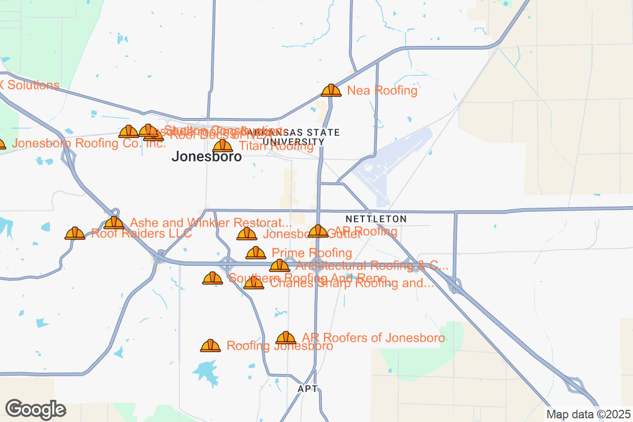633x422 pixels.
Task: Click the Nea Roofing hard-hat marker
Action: (x=331, y=91)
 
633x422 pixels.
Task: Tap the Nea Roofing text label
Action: (x=382, y=91)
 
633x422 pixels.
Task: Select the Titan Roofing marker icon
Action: (x=223, y=146)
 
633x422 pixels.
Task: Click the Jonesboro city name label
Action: (x=207, y=157)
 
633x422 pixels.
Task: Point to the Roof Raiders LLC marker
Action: (x=75, y=233)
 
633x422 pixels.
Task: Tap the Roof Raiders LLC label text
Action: (x=141, y=233)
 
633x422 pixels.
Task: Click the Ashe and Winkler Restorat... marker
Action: (x=114, y=223)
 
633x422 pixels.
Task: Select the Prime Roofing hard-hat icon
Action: (x=256, y=253)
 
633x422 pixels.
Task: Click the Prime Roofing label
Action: (x=311, y=253)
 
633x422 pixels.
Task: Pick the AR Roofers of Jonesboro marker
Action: (x=286, y=338)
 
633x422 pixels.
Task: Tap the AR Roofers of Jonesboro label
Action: (x=373, y=338)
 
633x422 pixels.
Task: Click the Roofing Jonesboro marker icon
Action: (x=210, y=346)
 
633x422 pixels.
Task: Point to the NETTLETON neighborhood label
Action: (x=376, y=218)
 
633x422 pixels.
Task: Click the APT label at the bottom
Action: (x=308, y=389)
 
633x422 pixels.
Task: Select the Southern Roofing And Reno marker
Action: (x=213, y=278)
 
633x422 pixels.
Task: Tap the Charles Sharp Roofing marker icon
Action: (x=254, y=283)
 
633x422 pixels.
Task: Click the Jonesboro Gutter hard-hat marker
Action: (x=247, y=234)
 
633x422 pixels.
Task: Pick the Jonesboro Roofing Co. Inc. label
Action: (x=89, y=143)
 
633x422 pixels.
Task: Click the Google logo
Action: (x=36, y=409)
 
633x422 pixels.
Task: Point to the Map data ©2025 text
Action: (x=588, y=414)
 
